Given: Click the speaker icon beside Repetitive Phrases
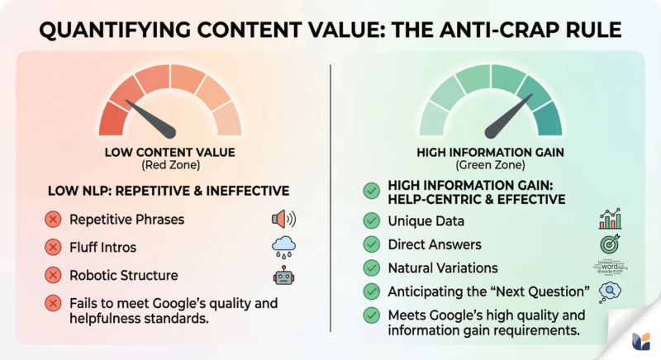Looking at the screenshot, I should [x=283, y=220].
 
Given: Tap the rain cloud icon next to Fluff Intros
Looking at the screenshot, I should [x=283, y=247].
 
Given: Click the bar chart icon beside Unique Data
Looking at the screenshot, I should [x=610, y=220].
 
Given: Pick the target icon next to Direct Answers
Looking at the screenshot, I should [x=610, y=244].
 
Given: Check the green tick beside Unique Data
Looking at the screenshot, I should [x=372, y=220].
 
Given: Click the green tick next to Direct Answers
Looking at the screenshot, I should [x=372, y=244].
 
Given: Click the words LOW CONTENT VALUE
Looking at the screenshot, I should [x=169, y=153].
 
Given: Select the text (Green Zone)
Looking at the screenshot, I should [x=491, y=166].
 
